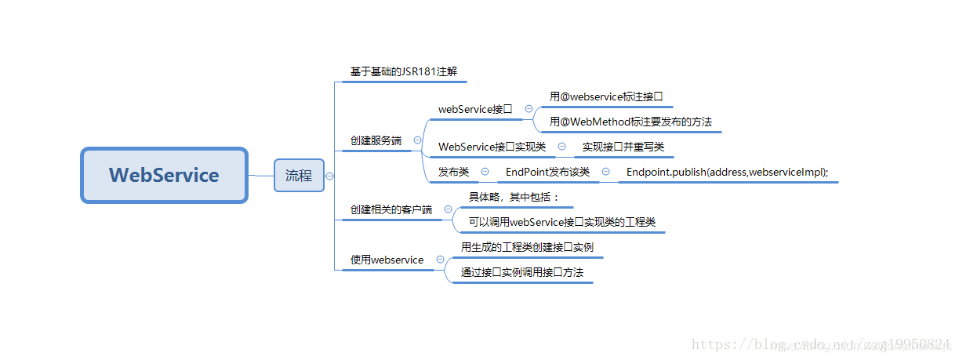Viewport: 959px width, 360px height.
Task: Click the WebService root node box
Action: pyautogui.click(x=164, y=175)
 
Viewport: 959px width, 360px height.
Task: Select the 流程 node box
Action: pyautogui.click(x=299, y=176)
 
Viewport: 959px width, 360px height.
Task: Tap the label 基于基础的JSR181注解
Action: pyautogui.click(x=403, y=72)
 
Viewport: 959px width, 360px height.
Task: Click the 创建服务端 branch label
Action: pyautogui.click(x=376, y=141)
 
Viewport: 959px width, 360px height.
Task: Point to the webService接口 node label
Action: pyautogui.click(x=475, y=110)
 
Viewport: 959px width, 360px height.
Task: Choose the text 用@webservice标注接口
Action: pyautogui.click(x=606, y=97)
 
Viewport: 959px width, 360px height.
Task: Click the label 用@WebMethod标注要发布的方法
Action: pyautogui.click(x=630, y=122)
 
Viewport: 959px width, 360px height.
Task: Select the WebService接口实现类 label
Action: pyautogui.click(x=492, y=147)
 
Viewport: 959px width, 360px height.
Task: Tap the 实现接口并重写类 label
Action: pyautogui.click(x=623, y=147)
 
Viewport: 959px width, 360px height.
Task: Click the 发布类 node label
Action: pyautogui.click(x=453, y=172)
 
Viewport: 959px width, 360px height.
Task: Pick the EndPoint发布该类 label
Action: pyautogui.click(x=547, y=172)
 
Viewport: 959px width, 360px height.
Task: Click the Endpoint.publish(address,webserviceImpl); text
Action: pyautogui.click(x=727, y=172)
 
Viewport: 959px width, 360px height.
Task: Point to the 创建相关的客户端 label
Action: pyautogui.click(x=391, y=210)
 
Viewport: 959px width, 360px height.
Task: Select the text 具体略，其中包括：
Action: pyautogui.click(x=514, y=197)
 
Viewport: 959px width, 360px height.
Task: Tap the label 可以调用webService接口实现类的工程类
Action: pyautogui.click(x=561, y=223)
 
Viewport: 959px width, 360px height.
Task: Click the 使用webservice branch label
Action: pyautogui.click(x=387, y=260)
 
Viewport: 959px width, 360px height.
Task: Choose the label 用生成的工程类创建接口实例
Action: pyautogui.click(x=527, y=247)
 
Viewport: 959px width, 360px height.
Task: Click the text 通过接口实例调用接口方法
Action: pyautogui.click(x=522, y=272)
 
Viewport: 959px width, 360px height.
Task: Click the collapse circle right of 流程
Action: pyautogui.click(x=329, y=176)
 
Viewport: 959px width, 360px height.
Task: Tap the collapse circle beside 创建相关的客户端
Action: pyautogui.click(x=449, y=210)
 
